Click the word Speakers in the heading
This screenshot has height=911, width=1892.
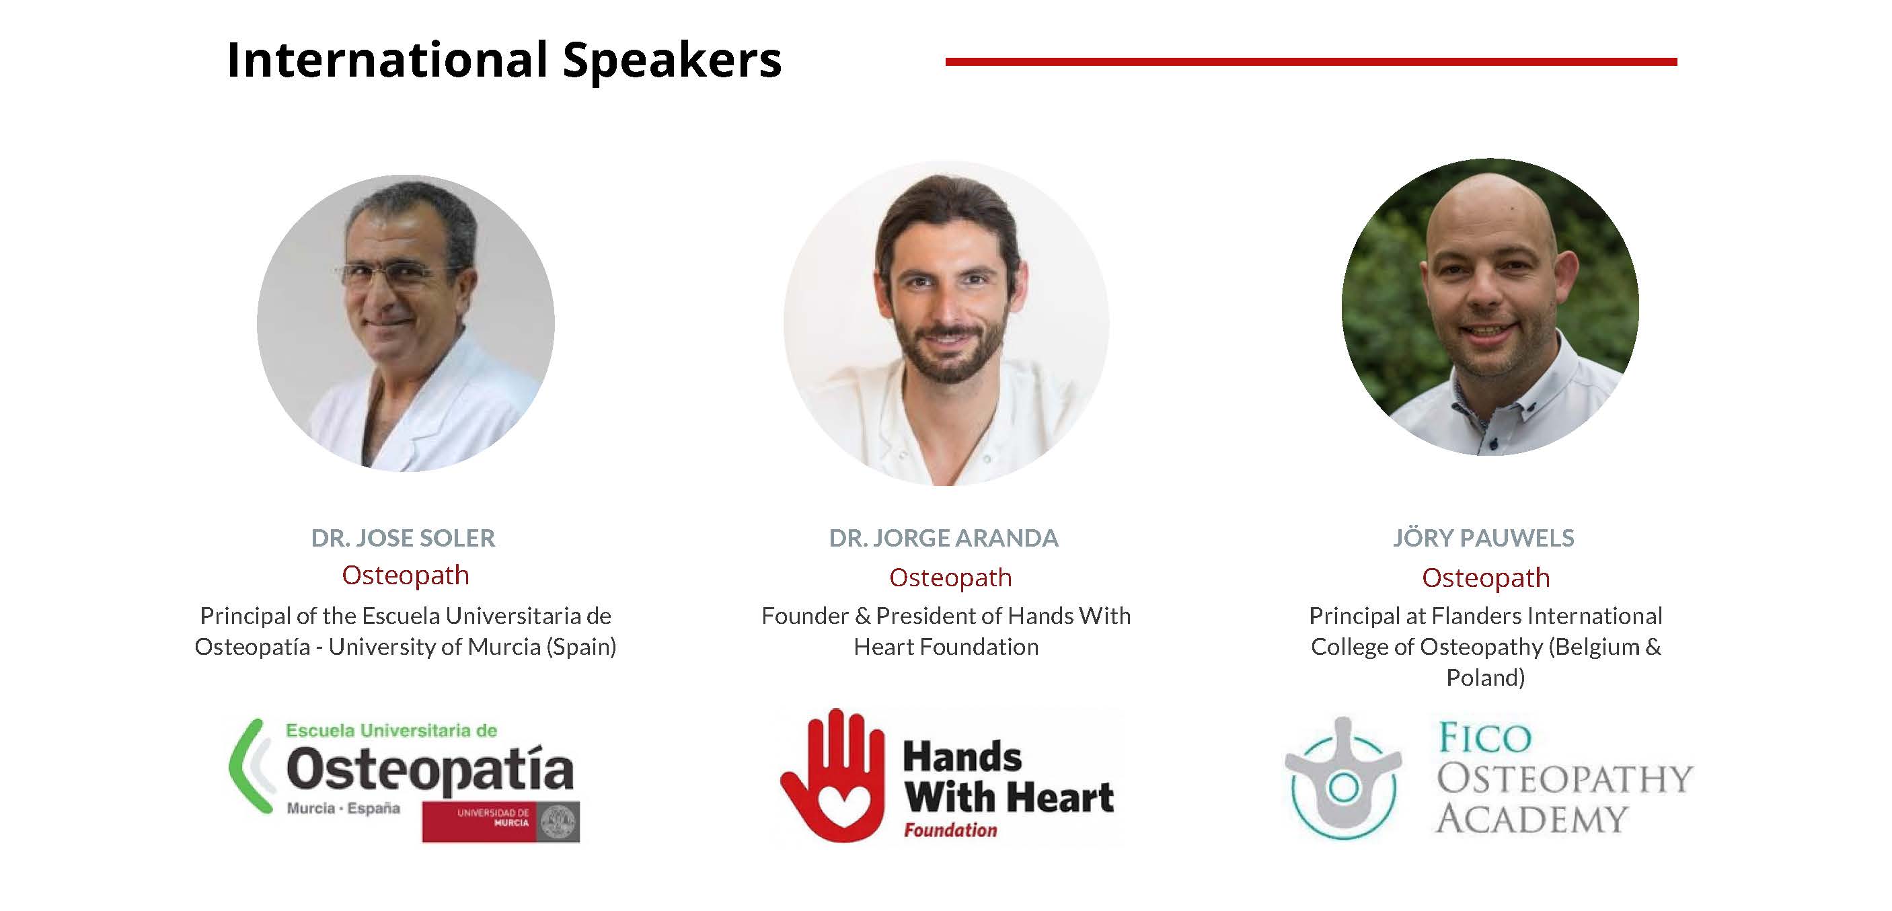(x=672, y=61)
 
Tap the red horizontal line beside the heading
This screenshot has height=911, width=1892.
(x=1311, y=62)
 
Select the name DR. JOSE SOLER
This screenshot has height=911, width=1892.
(x=404, y=538)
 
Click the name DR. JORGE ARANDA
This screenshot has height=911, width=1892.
(x=944, y=538)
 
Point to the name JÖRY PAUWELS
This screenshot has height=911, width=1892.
(x=1484, y=538)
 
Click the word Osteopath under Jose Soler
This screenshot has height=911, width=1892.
(x=406, y=576)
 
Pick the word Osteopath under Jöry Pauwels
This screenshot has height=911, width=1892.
(x=1486, y=578)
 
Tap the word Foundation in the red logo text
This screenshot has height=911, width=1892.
(x=950, y=830)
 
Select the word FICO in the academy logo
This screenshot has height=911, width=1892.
(x=1484, y=738)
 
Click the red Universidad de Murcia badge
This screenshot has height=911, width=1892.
(x=500, y=822)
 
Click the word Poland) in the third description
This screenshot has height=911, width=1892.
(x=1486, y=678)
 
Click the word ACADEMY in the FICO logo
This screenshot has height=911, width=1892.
(x=1532, y=818)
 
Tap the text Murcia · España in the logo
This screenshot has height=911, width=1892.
(x=343, y=809)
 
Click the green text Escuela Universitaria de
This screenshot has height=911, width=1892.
(x=391, y=730)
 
